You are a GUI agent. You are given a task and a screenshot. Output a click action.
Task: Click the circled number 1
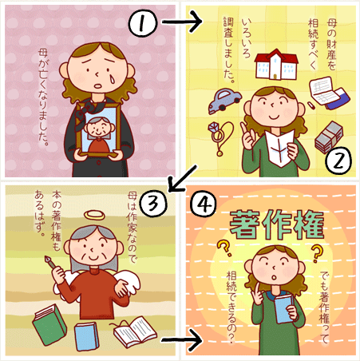143,22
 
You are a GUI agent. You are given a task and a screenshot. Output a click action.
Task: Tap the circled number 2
338,161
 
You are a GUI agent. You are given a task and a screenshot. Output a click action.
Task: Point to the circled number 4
204,204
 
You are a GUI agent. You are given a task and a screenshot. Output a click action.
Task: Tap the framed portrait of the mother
97,129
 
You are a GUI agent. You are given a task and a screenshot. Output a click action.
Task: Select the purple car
224,100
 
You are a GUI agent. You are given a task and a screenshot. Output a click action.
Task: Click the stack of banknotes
329,137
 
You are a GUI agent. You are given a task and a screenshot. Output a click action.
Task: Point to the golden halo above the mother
94,215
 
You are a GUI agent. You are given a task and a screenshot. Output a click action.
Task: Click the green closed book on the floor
49,324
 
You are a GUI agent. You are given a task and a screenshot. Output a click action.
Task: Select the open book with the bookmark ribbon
134,331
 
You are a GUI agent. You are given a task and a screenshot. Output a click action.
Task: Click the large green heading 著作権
277,224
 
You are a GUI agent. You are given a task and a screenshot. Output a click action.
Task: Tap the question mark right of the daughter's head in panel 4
316,253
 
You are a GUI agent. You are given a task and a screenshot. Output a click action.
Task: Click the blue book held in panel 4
284,308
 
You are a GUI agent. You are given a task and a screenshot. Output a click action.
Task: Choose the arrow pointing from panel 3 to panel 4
181,339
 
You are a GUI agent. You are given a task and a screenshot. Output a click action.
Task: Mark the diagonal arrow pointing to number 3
183,178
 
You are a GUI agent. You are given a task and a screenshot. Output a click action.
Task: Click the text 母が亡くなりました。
43,97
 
